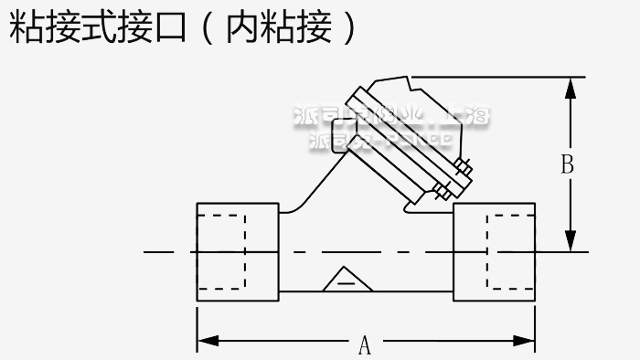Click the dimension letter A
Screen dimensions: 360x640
(x=364, y=345)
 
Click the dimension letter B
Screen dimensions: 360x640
(x=567, y=165)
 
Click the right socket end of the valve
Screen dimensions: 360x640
(x=495, y=251)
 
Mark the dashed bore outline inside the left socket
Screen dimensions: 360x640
(x=222, y=251)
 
